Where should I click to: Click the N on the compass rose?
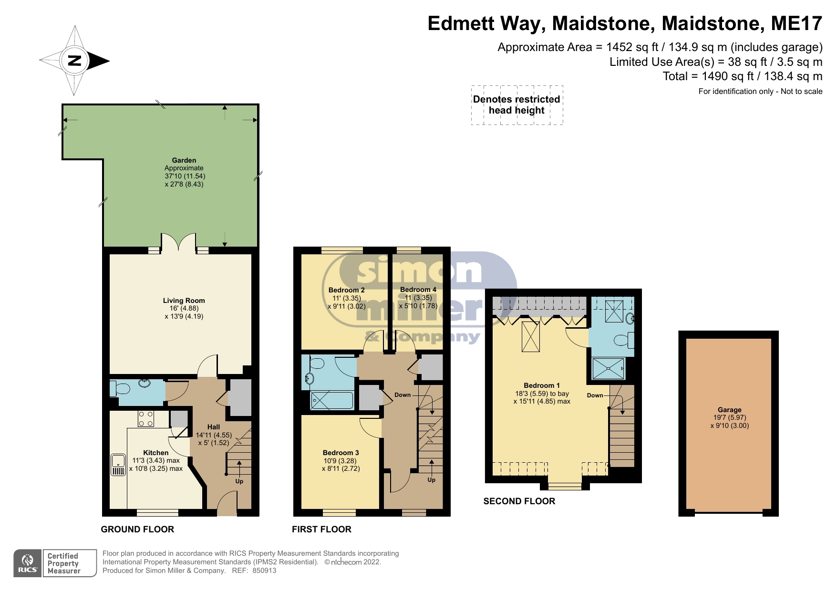(75, 61)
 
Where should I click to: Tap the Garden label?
(184, 160)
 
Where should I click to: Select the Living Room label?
(184, 301)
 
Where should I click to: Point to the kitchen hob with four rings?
(146, 419)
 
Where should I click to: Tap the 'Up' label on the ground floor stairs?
(239, 481)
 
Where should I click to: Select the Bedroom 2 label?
(347, 290)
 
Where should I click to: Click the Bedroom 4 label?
(418, 290)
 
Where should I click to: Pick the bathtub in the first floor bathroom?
(332, 400)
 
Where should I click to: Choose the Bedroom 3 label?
(341, 453)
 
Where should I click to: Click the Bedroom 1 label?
(542, 385)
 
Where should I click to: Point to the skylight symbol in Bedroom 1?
(531, 337)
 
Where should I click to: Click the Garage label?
(730, 410)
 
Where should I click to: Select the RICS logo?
(28, 563)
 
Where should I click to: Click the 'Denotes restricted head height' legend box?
(517, 105)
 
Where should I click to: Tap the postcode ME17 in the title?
(798, 23)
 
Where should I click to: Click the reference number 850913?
(264, 571)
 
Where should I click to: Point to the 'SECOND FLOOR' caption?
(519, 501)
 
